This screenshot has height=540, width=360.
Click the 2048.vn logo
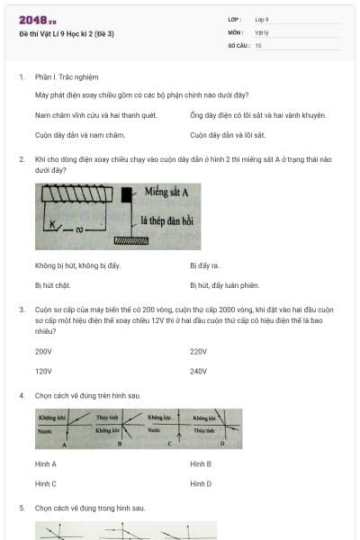(x=37, y=20)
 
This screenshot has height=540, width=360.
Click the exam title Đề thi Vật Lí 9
(x=67, y=33)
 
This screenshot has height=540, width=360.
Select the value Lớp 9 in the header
(x=262, y=19)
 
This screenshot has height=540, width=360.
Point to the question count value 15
(x=258, y=44)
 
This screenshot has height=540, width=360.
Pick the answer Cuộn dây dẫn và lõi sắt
(x=228, y=135)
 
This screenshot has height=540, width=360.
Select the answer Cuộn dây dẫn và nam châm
(x=79, y=135)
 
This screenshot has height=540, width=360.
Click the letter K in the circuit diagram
(x=53, y=223)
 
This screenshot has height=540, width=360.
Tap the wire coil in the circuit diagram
(x=76, y=195)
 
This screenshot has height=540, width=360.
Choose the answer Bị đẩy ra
(x=204, y=265)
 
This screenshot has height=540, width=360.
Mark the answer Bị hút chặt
(x=52, y=285)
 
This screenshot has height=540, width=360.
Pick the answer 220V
(x=198, y=351)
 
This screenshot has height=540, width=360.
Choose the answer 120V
(x=43, y=371)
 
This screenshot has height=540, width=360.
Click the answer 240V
(x=198, y=371)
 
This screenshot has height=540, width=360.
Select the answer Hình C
(x=46, y=483)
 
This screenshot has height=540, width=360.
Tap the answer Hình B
(x=201, y=463)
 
